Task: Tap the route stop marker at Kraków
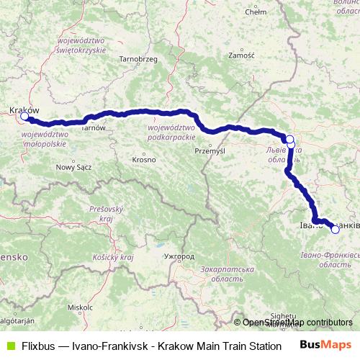[x=24, y=116]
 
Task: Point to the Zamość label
[x=240, y=55]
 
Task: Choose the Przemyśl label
[x=210, y=150]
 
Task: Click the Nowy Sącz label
[x=71, y=167]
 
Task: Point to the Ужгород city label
[x=179, y=256]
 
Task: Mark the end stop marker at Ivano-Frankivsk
[x=335, y=230]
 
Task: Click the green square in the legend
[x=9, y=346]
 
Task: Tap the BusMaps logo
[x=326, y=345]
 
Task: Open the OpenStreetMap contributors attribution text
[x=297, y=323]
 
